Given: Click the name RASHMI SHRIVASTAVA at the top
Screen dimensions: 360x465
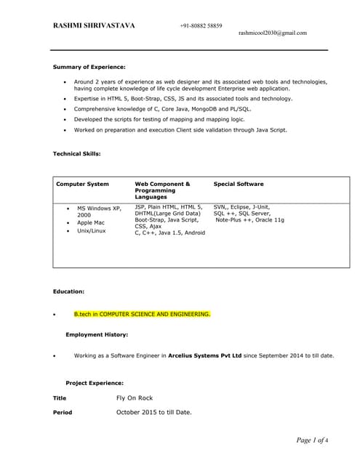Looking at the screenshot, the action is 94,25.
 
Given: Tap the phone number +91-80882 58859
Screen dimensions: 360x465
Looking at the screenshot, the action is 201,25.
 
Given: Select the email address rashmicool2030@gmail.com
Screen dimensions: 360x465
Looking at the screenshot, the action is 273,33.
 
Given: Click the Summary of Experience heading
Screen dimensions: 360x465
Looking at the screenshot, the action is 89,67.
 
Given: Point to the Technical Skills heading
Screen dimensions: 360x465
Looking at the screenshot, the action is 77,154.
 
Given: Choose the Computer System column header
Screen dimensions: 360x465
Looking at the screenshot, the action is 83,185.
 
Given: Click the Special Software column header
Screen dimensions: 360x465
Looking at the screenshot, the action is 239,185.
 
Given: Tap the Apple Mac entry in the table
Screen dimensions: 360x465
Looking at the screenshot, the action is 91,223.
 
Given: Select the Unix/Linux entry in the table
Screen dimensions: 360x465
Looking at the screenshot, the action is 92,231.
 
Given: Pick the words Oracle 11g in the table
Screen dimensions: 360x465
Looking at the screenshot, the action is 268,220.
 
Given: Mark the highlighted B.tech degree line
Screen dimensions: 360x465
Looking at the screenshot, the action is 142,315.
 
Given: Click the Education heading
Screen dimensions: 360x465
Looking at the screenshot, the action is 69,291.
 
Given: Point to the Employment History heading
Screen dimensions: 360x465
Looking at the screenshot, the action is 97,335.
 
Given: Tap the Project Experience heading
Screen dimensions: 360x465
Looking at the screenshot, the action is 95,383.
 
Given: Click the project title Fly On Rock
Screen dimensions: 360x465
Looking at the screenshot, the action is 135,398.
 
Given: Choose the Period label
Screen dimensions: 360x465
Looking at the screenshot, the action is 63,413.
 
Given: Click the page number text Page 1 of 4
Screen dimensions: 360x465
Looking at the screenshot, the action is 312,440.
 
